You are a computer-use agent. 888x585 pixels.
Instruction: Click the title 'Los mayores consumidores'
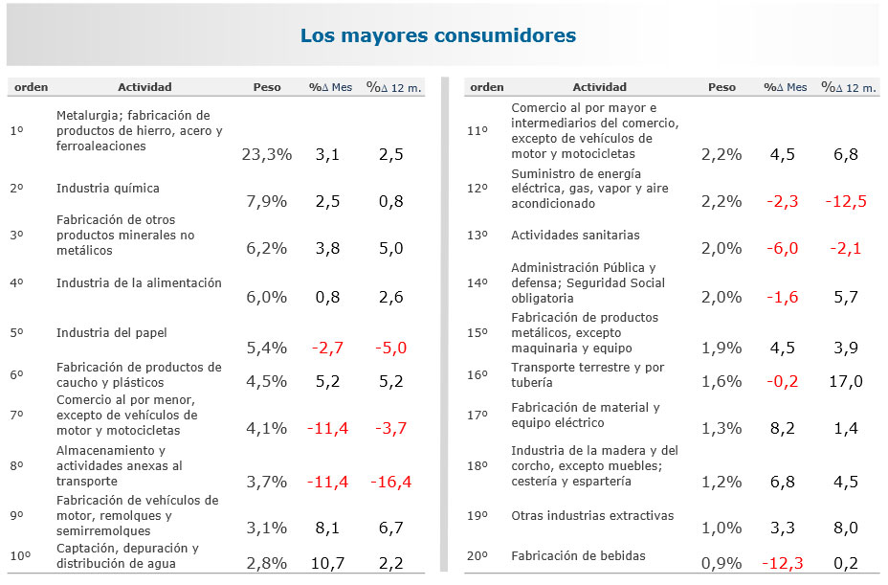pos(437,36)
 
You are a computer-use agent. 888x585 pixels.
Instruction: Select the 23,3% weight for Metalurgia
pos(267,155)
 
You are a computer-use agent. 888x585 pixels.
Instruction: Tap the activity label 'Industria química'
pos(108,189)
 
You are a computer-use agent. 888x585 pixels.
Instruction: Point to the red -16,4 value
pos(390,482)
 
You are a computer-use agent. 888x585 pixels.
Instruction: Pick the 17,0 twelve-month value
pos(845,381)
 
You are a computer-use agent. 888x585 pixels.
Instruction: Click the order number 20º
pos(477,556)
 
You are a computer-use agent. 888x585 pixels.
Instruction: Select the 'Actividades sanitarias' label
pos(575,236)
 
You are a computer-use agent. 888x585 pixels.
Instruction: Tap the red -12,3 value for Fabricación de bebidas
pos(783,563)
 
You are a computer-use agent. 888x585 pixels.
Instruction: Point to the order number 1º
pos(16,130)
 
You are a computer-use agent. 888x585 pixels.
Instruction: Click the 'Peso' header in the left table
pos(267,87)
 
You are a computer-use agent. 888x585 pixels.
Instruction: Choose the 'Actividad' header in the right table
pos(599,87)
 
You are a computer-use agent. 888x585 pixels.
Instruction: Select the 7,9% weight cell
pos(267,201)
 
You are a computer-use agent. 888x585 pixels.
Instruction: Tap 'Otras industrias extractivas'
pos(591,516)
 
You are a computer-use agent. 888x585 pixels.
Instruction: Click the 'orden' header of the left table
pos(32,87)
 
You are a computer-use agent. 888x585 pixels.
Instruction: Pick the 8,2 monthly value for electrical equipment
pos(783,428)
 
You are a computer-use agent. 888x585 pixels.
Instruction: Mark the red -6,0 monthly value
pos(783,248)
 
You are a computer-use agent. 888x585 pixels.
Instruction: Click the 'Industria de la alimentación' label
pos(139,283)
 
